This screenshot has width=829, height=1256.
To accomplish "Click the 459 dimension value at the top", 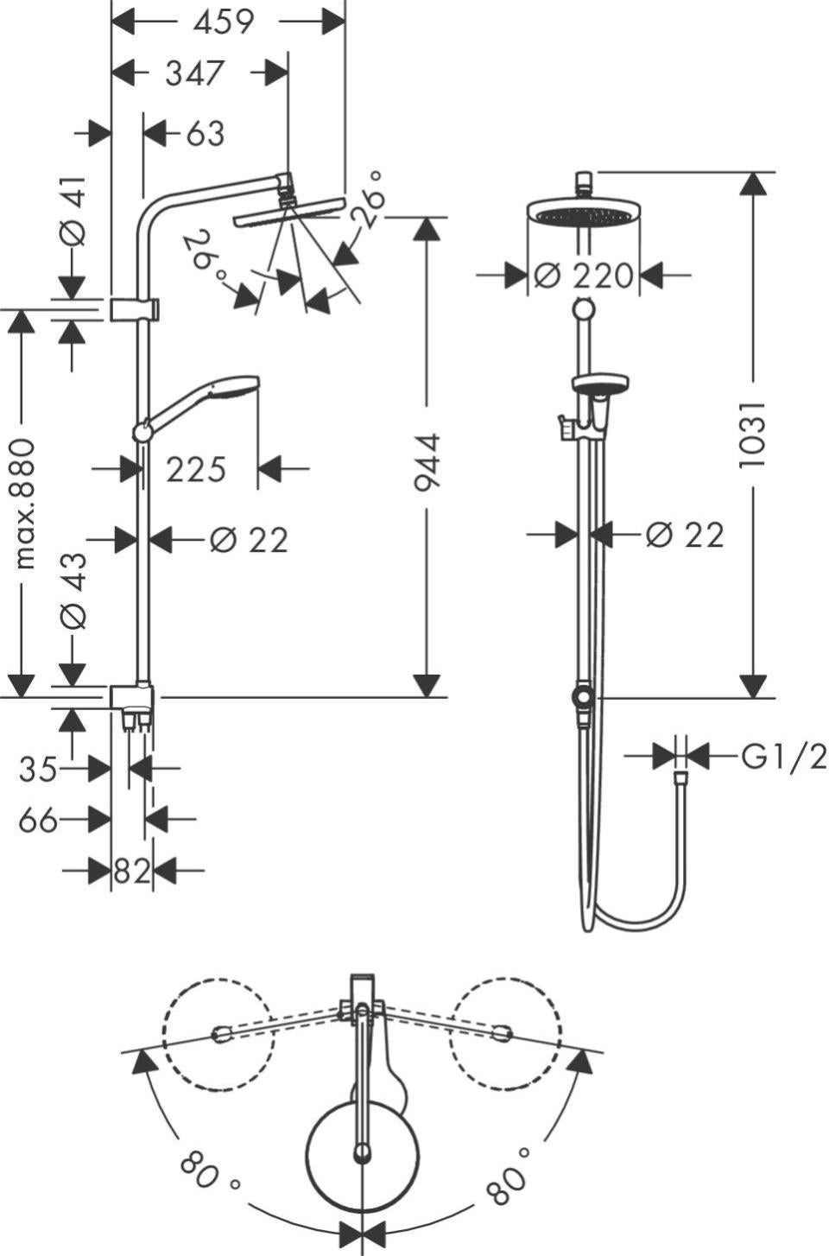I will (x=224, y=22).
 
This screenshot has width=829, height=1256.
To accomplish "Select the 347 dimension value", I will (x=194, y=73).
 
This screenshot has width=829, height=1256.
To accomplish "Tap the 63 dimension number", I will (x=205, y=134).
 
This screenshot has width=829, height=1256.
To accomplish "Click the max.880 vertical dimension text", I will (x=25, y=504).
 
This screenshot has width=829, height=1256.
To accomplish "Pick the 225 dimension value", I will (x=196, y=470).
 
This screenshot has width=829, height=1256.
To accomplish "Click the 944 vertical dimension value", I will (x=427, y=462).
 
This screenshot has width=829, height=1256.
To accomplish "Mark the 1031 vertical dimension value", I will (x=752, y=435).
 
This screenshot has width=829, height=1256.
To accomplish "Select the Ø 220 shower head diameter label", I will (x=584, y=276).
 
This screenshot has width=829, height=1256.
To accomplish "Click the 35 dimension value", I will (x=38, y=768).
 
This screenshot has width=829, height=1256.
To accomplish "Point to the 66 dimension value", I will (x=38, y=820).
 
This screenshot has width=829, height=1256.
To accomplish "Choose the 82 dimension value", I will (x=132, y=871).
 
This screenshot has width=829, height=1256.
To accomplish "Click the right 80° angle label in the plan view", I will (x=508, y=1175).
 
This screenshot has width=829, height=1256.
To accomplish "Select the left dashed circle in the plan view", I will (x=218, y=1034).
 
